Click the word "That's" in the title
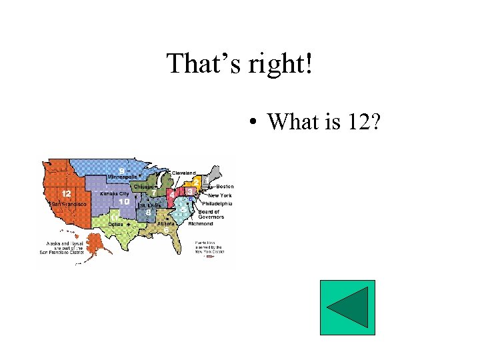coord(201,64)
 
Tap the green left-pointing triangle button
coord(347,307)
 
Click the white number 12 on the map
coord(67,193)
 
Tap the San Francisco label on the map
coord(70,204)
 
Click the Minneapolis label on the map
coord(122,177)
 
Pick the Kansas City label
coord(115,193)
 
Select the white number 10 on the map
coord(124,201)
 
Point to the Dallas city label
coord(116,225)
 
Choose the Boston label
coord(225,186)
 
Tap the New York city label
coord(220,195)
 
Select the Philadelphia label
coord(217,204)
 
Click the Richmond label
coord(201,224)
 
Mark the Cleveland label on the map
coord(184,173)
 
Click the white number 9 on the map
coord(121,170)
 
